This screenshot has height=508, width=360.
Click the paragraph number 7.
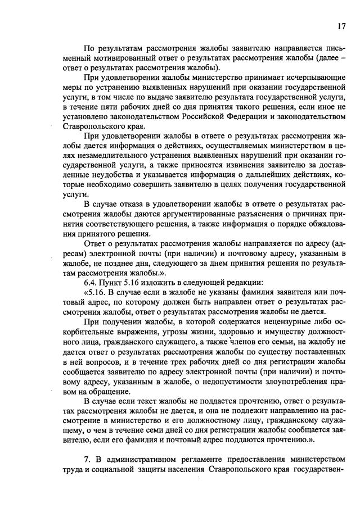(87, 459)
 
